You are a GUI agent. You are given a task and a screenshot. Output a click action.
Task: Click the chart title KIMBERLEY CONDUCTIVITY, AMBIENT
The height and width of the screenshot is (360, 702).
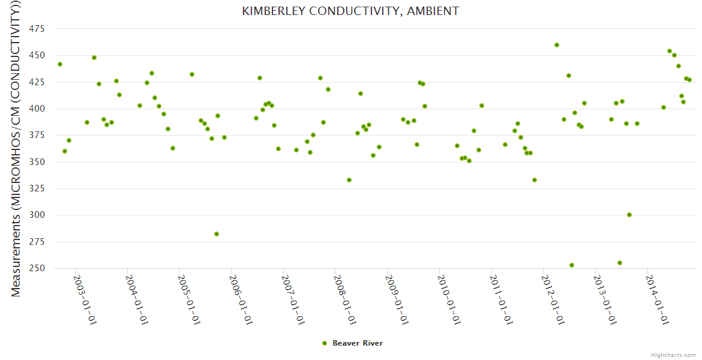coord(350,11)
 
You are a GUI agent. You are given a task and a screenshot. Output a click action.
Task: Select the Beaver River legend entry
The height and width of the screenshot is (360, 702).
coord(357,343)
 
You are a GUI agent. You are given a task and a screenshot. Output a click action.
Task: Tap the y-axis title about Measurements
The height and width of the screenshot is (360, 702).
coord(16,148)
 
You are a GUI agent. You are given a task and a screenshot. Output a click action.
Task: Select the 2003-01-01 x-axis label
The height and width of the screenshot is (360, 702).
coord(85,299)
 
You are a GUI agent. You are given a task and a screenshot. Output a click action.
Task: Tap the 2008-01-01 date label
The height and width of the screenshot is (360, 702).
coord(346,299)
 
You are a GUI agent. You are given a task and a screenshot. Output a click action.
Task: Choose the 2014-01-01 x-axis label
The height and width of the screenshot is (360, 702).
coord(658,299)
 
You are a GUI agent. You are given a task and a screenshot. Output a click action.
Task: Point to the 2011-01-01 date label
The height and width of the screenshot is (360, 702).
coord(502,299)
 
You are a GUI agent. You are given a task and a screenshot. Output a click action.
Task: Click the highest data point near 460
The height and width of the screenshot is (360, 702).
coord(557,45)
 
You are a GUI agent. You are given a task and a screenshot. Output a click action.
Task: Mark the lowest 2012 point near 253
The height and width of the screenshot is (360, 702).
coord(572,265)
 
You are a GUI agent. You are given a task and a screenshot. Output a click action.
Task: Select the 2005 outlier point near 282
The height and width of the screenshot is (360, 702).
coord(217,234)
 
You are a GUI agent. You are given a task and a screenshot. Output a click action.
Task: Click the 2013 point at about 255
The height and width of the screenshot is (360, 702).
coord(620,263)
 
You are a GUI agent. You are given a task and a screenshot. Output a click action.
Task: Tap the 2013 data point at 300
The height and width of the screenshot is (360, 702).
coord(629,215)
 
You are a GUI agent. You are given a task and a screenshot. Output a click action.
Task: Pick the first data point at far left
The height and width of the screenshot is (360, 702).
coord(60,64)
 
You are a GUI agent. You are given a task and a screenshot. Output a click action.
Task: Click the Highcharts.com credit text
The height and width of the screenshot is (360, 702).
coord(673,355)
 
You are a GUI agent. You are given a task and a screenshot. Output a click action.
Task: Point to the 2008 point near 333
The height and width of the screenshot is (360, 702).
coord(349,180)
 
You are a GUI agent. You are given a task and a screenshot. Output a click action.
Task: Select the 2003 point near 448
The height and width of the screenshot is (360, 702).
coord(94,58)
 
